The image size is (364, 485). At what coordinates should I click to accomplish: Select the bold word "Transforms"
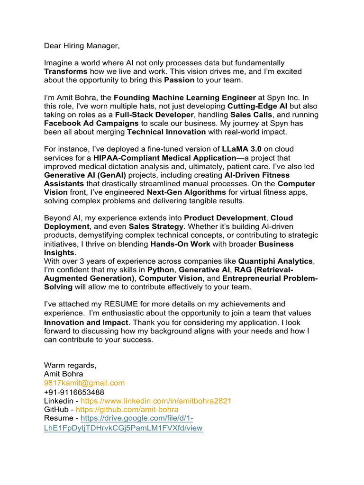66,72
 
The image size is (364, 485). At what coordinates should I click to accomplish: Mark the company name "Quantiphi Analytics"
275,261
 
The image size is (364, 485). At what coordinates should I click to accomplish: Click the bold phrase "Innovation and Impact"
86,323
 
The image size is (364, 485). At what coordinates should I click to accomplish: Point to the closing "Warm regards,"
70,365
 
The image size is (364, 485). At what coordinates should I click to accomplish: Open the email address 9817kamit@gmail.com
84,383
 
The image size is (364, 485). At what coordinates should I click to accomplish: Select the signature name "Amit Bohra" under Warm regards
64,374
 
